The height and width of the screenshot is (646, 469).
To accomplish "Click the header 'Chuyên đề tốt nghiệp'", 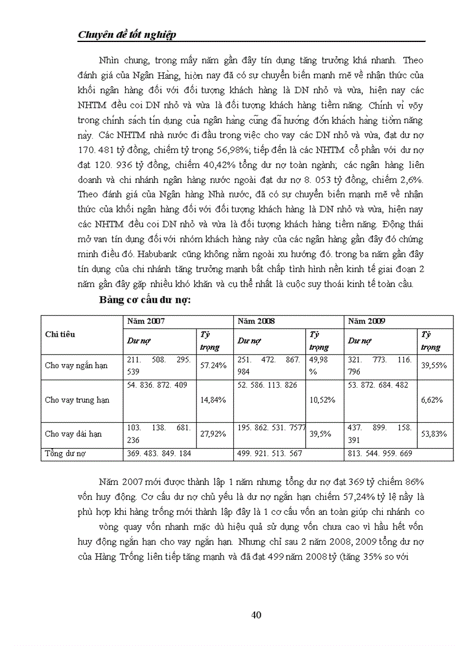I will pos(126,35).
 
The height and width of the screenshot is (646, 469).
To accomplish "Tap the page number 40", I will pos(257,615).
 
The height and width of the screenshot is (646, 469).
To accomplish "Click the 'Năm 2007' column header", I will pos(146,322).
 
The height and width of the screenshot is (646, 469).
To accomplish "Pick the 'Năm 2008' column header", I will pos(256,322).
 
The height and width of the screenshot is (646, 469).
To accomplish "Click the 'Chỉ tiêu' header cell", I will pos(60,334).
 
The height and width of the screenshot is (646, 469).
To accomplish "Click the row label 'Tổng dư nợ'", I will pos(65,454).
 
